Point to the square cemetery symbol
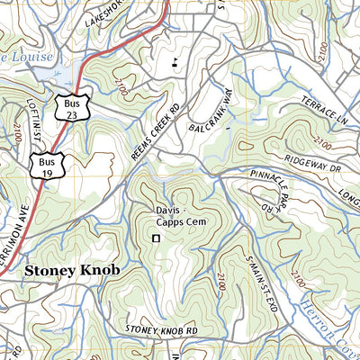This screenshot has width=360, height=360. pyautogui.click(x=156, y=238)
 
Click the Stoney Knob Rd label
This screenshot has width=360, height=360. pyautogui.click(x=162, y=331)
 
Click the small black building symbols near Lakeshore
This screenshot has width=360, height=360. pyautogui.click(x=175, y=62)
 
